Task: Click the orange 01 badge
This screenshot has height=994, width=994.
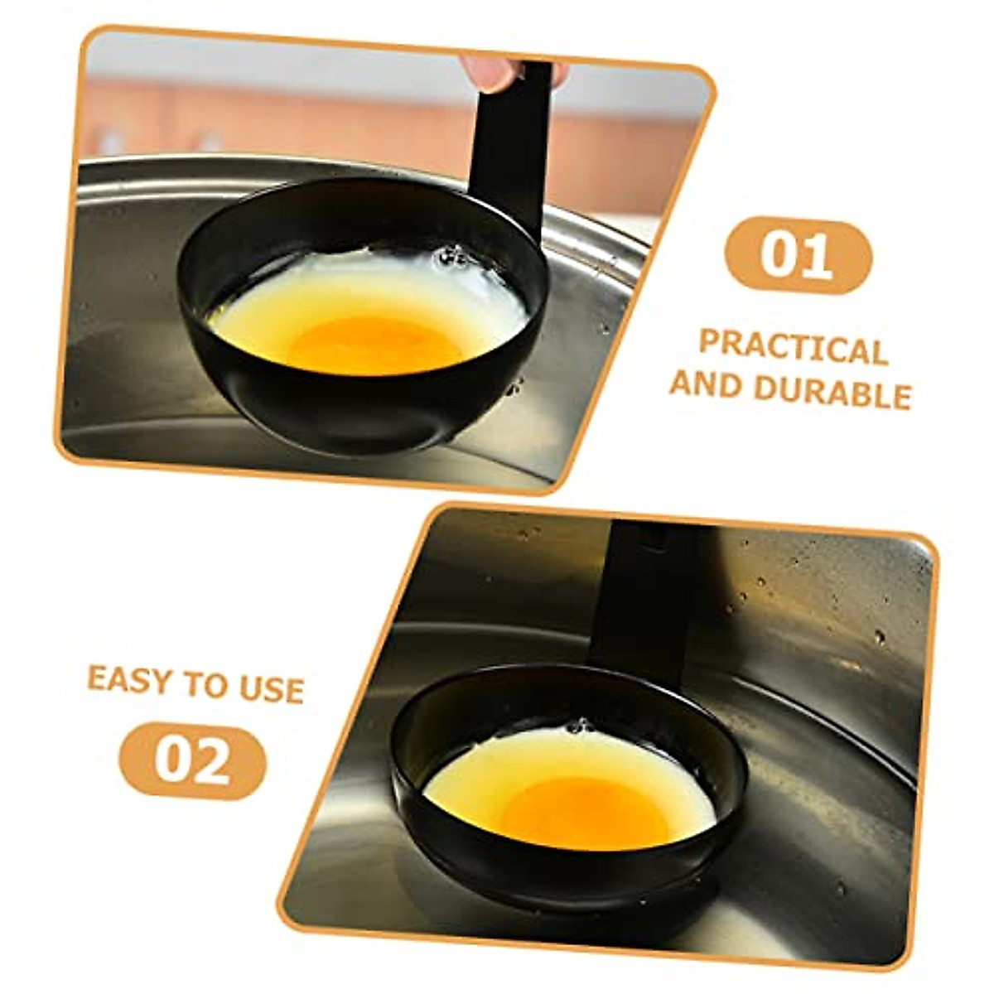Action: [x=798, y=255]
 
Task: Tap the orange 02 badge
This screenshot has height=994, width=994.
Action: [x=192, y=760]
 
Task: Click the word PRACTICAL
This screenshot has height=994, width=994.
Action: [x=793, y=348]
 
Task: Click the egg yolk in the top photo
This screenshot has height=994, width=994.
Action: [x=373, y=342]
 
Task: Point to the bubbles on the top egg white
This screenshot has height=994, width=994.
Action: [x=452, y=258]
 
